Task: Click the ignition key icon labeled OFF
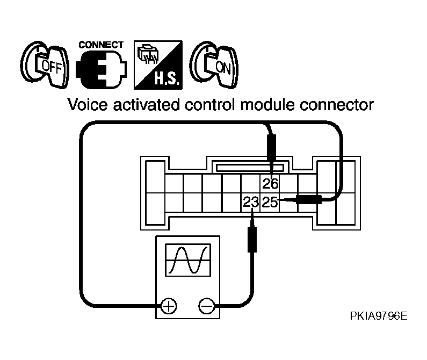click(x=45, y=65)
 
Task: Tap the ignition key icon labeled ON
click(x=214, y=65)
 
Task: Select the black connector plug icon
click(x=101, y=69)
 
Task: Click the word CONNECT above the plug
click(x=101, y=45)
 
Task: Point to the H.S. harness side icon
click(x=158, y=65)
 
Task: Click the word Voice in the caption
click(x=88, y=105)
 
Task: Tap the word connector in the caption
click(x=337, y=105)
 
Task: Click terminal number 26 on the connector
click(x=270, y=183)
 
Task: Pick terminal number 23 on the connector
click(x=251, y=202)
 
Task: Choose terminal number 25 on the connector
click(x=270, y=202)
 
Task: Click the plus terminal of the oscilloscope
click(x=169, y=306)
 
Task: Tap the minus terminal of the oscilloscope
click(x=207, y=306)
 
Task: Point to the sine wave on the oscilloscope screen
click(x=188, y=260)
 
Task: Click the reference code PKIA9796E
click(x=379, y=316)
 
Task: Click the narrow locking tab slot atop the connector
click(x=250, y=168)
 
